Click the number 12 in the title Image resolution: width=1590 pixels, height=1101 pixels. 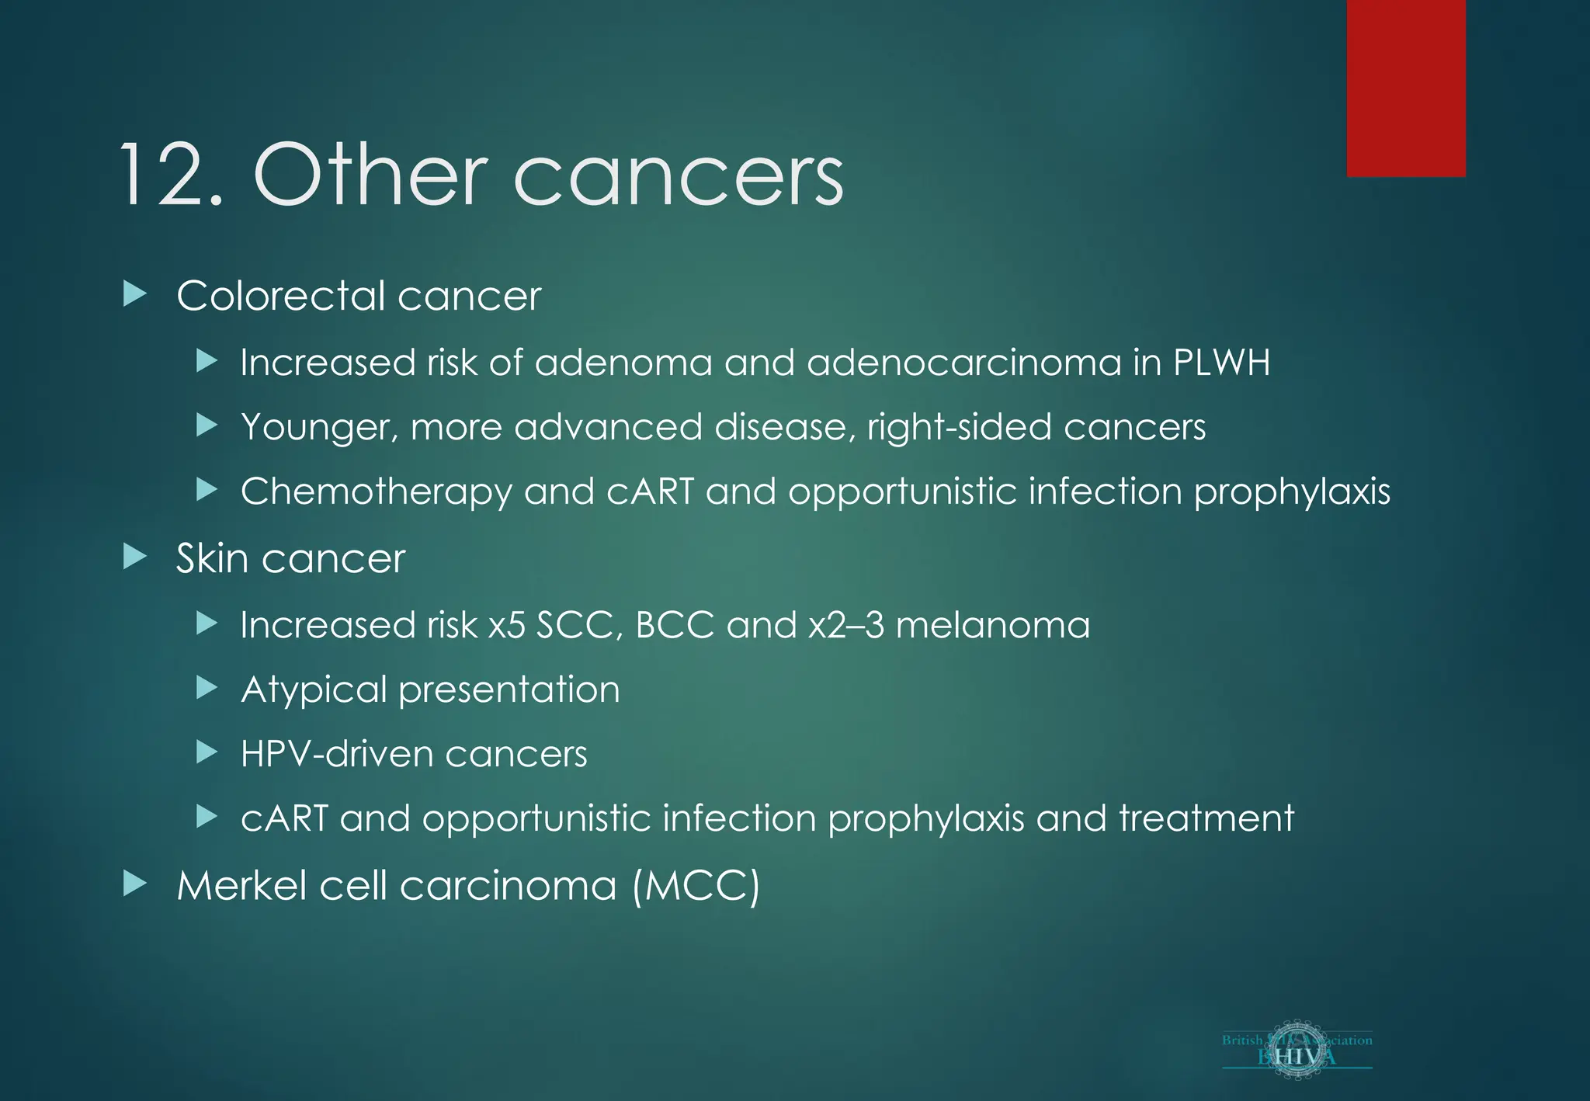(x=169, y=175)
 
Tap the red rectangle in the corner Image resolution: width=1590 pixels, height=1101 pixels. (x=1406, y=88)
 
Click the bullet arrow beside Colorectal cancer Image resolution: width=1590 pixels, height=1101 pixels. (x=135, y=294)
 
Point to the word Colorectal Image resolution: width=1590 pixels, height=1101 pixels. (x=281, y=296)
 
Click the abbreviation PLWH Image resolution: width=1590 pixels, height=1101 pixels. (x=1221, y=363)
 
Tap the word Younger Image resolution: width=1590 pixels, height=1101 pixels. (x=319, y=428)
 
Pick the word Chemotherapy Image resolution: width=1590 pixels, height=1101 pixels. (x=377, y=492)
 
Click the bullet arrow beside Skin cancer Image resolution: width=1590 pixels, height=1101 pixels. (x=135, y=557)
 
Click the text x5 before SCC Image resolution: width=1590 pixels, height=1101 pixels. (x=506, y=625)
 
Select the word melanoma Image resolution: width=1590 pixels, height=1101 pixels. (x=993, y=625)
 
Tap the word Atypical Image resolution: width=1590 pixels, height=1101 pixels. (x=314, y=690)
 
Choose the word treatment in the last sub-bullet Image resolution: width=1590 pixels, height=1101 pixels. (x=1206, y=818)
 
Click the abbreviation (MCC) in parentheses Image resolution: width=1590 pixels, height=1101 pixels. (x=696, y=886)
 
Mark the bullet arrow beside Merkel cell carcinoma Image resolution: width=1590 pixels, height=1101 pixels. (x=135, y=884)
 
